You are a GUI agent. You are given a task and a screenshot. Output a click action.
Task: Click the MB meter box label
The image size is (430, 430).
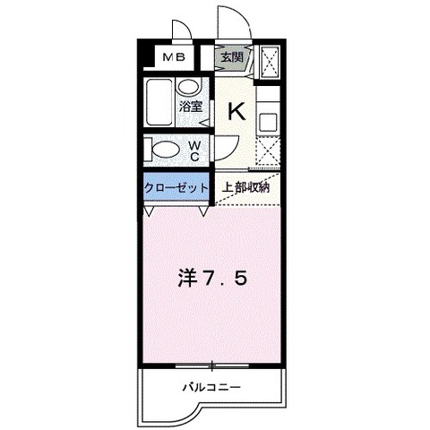click(174, 56)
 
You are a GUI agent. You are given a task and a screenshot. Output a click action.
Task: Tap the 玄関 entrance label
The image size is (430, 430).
click(231, 56)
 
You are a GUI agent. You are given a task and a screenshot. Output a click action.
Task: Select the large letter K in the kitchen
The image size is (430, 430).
click(236, 111)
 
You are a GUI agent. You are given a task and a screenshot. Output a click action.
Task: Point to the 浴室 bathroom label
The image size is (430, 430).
click(191, 107)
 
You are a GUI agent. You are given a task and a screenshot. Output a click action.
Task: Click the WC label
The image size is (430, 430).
click(194, 151)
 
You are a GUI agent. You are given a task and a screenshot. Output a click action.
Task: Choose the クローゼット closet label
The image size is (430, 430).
click(176, 188)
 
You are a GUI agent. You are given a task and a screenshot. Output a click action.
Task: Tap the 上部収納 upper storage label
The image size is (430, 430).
click(245, 187)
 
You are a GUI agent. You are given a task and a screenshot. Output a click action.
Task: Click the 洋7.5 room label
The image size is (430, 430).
click(212, 279)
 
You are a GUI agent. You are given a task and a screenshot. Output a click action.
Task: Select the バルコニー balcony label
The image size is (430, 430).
click(211, 388)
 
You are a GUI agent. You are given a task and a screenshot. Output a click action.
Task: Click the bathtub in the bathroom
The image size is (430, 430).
click(159, 102)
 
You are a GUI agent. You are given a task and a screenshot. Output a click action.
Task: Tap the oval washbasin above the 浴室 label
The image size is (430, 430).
click(189, 87)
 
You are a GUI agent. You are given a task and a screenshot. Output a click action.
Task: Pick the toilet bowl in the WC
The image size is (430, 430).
click(165, 149)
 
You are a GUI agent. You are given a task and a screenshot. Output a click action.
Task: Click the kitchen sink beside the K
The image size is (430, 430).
click(268, 123)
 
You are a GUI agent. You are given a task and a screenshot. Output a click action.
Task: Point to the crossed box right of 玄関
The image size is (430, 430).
click(270, 62)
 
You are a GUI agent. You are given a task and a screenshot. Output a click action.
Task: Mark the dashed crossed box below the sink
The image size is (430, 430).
click(268, 150)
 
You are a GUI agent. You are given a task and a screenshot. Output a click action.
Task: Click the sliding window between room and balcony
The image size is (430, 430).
click(211, 365)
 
